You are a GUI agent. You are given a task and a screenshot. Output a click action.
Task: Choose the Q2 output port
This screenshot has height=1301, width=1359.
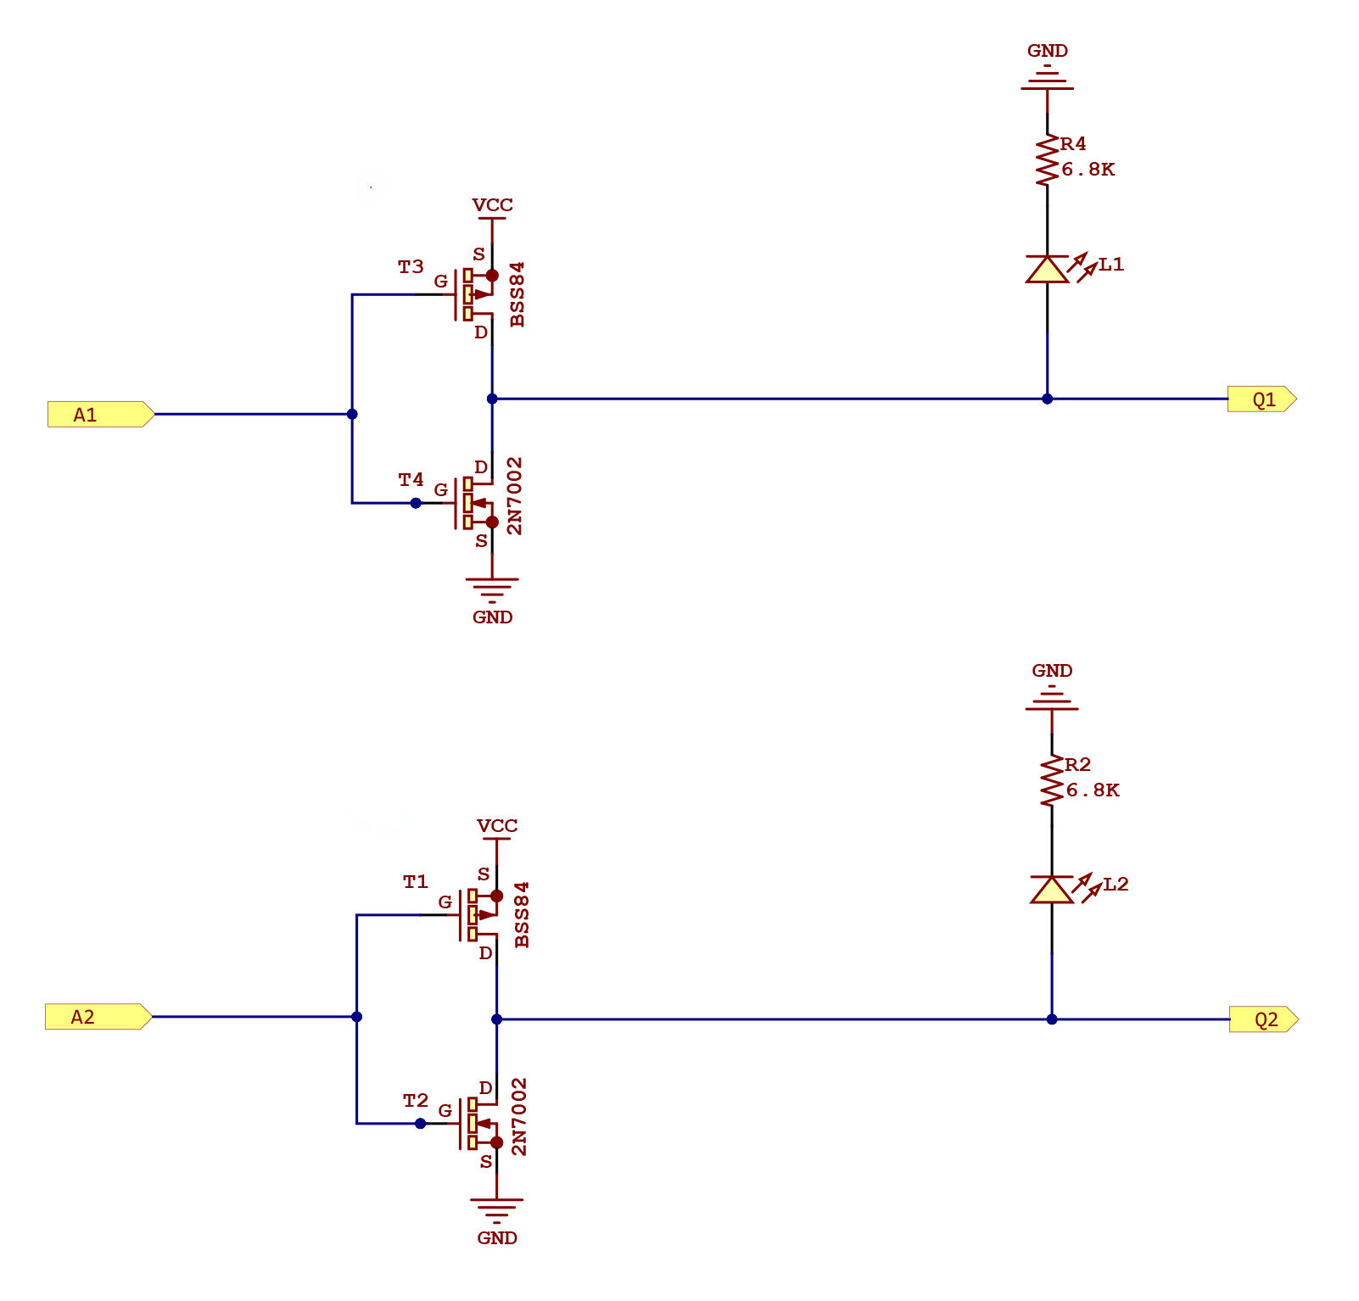1263,1019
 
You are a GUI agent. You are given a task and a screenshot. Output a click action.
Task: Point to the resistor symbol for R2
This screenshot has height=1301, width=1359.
1052,780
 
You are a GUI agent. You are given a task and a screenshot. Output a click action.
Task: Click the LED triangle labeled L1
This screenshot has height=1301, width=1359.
1047,270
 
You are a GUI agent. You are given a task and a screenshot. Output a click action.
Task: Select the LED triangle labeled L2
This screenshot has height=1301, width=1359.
1052,891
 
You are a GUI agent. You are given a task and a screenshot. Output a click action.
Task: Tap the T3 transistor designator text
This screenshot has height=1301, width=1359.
411,267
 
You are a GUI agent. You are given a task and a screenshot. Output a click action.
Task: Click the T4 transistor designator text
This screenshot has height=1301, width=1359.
411,480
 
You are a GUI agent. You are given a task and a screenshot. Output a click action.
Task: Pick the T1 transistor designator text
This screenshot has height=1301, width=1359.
416,882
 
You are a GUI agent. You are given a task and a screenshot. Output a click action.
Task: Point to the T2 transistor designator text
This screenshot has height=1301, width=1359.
416,1101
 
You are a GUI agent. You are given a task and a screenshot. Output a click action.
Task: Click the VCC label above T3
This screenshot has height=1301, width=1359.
492,205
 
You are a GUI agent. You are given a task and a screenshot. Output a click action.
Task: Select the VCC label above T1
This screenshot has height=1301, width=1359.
497,826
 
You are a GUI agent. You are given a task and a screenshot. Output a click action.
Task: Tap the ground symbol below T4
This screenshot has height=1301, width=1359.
492,587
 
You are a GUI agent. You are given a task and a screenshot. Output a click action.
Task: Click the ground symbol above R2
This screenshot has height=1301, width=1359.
1052,701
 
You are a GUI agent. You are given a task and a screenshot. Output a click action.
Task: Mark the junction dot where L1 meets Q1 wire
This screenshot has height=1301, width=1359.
1047,399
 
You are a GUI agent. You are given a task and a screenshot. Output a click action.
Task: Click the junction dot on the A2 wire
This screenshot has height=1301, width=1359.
356,1017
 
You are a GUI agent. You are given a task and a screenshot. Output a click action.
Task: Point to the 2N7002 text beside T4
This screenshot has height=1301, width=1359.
515,496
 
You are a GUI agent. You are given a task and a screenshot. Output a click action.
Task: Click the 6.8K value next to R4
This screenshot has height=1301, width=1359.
1088,170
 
